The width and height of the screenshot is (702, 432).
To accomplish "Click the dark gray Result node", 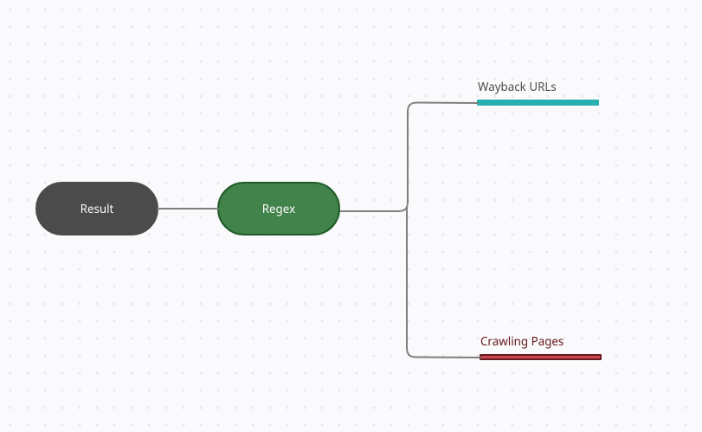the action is [x=97, y=209].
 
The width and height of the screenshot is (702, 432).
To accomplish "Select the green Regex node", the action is [x=279, y=209].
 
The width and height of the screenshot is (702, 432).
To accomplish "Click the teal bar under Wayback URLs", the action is [x=538, y=102].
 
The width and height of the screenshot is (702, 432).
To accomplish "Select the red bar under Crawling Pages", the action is [x=540, y=357].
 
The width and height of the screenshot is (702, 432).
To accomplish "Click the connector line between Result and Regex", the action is [x=188, y=208].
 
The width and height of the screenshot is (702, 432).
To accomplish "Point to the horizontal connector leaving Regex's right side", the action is [x=371, y=211].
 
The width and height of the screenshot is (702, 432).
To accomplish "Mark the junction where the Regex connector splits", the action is [x=407, y=207].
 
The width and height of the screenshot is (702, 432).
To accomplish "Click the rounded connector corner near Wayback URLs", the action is [x=410, y=105].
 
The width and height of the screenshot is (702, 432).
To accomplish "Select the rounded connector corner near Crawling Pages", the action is [x=409, y=354].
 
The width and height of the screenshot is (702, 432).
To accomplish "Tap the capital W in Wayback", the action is [x=483, y=87].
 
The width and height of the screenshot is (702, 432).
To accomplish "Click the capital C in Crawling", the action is [x=484, y=342].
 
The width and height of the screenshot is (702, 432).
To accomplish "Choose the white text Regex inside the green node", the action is [x=279, y=209].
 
